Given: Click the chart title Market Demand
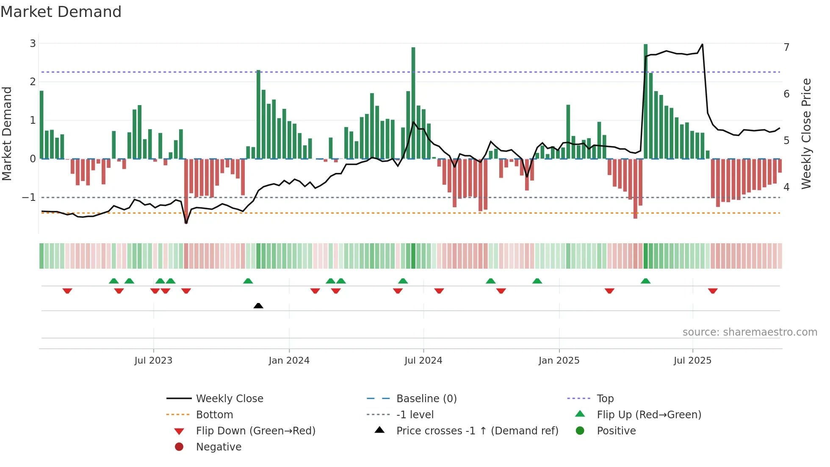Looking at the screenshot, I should click(61, 12).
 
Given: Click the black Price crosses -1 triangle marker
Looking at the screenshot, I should click(258, 306).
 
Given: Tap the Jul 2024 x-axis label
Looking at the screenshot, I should click(423, 361).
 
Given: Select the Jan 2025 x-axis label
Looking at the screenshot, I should click(559, 361).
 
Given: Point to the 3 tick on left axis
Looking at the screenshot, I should click(33, 43).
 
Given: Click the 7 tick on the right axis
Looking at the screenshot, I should click(786, 47).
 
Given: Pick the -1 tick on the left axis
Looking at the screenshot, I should click(29, 197).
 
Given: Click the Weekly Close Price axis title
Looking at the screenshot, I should click(806, 133).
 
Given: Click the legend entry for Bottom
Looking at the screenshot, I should click(214, 414).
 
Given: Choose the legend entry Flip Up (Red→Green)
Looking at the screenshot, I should click(649, 414).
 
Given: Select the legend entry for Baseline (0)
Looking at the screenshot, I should click(426, 398).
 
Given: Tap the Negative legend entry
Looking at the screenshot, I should click(219, 447).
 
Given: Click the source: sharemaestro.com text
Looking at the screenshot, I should click(750, 332).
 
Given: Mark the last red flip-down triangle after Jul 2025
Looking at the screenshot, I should click(713, 291).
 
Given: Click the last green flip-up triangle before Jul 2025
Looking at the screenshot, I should click(645, 281).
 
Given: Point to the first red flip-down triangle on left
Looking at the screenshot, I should click(67, 291).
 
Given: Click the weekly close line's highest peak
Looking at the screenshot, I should click(702, 44).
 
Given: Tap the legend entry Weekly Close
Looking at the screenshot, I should click(229, 398).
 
